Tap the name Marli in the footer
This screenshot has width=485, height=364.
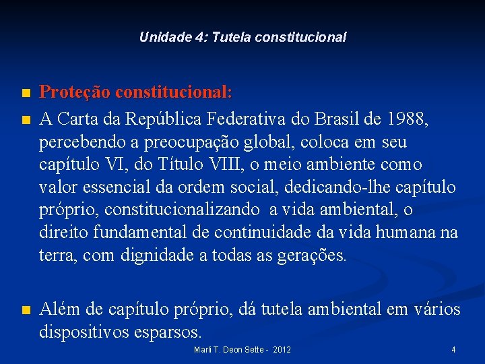tap(203, 350)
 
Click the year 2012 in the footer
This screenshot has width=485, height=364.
tap(282, 350)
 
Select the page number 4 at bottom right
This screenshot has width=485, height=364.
tap(453, 350)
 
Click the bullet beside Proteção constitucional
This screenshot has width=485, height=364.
tap(25, 92)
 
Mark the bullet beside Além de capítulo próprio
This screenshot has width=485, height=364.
tap(25, 311)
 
